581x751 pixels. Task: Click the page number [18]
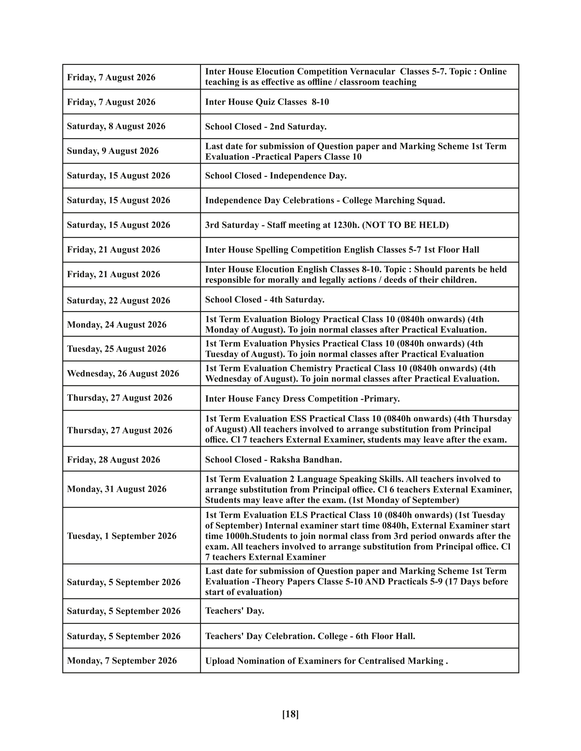tap(290, 714)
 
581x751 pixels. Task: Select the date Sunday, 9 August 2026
tap(113, 151)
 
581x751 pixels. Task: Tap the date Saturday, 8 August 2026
tap(116, 126)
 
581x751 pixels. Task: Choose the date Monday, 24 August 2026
tap(117, 325)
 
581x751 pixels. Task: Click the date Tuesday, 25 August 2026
tap(116, 349)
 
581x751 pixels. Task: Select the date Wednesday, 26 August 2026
tap(123, 373)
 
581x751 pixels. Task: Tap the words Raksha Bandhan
tap(306, 460)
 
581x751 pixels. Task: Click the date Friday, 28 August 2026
tap(114, 460)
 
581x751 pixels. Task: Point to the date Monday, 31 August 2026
tap(117, 489)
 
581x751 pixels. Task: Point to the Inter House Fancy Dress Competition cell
tap(302, 398)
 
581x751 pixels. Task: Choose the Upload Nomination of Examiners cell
tap(326, 661)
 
